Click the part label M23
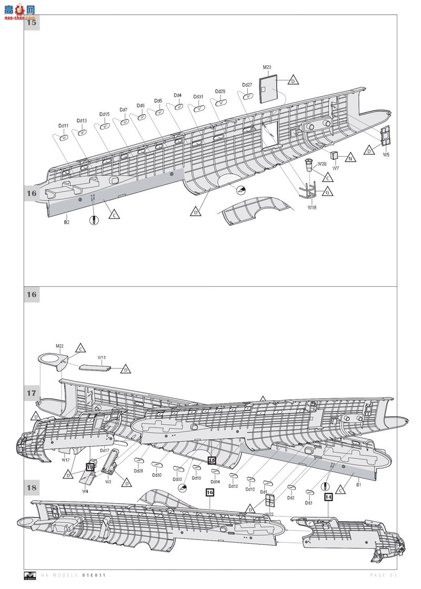267,67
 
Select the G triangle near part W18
327,193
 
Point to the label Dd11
63,126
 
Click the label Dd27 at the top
247,85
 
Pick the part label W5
386,155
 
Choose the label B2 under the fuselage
67,222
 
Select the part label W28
322,164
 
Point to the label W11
102,357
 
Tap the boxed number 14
328,496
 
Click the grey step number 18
32,487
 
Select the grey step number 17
32,393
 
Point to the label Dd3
308,503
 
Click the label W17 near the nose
65,460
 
